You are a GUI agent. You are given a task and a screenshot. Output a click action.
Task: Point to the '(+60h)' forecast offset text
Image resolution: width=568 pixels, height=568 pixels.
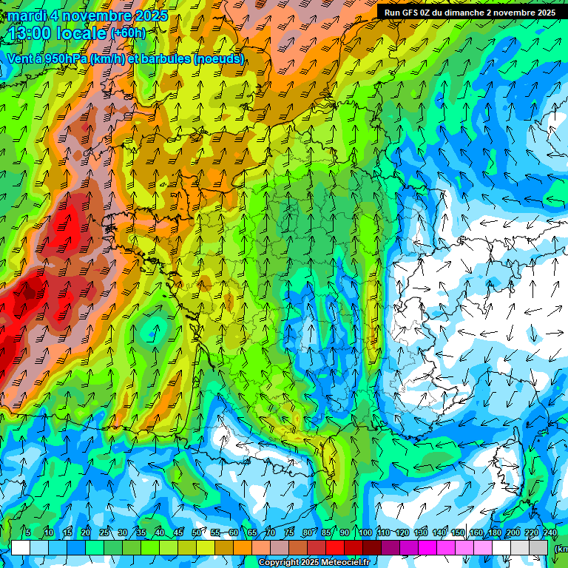coord(128,33)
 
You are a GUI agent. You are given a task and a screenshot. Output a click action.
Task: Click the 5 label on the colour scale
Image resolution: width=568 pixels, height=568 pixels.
coord(28,533)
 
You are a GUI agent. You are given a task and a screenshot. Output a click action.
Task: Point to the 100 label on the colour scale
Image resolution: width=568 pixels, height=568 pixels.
coord(365,533)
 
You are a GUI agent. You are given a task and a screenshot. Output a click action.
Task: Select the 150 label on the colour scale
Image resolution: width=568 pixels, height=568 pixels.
coord(458,533)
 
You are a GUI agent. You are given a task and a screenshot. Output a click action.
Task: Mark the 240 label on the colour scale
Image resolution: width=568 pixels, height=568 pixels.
coord(550,533)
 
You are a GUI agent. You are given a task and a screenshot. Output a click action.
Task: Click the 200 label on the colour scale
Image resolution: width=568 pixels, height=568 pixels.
coord(513,533)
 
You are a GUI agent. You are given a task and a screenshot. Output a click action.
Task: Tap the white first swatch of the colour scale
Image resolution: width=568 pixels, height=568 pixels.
coord(21,547)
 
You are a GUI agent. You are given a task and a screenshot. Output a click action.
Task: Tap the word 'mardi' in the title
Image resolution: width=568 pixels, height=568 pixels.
coord(27,16)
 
